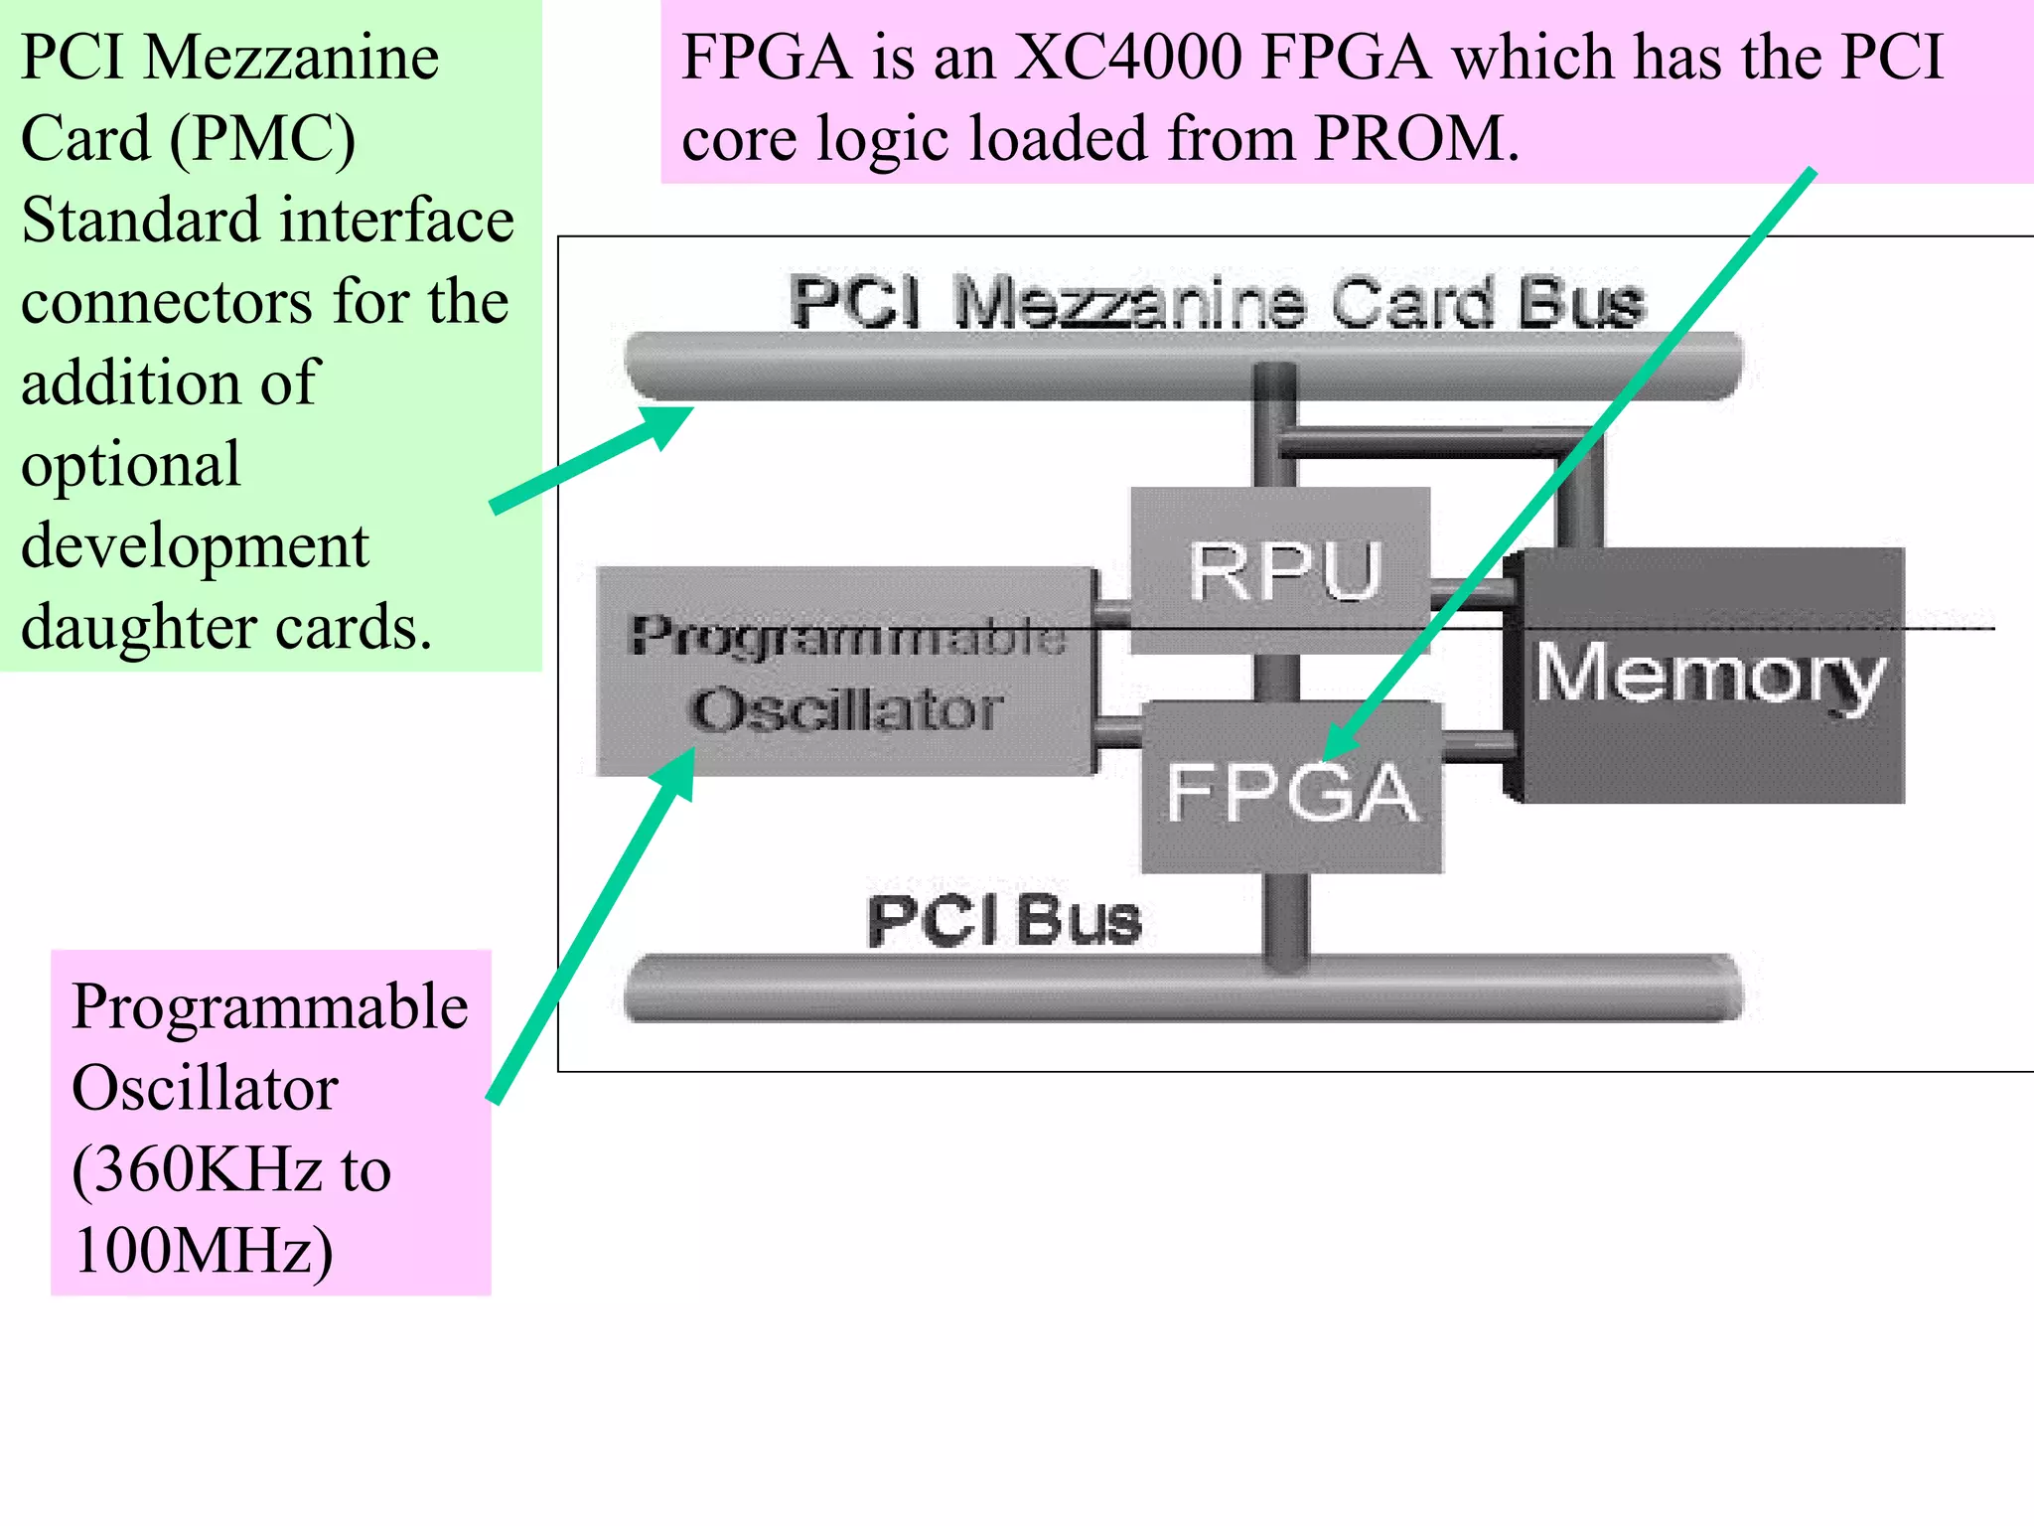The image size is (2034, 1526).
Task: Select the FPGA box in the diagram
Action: pyautogui.click(x=1291, y=791)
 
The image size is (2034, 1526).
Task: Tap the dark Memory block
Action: pyautogui.click(x=1708, y=676)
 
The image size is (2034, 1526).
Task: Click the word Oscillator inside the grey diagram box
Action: pyautogui.click(x=846, y=709)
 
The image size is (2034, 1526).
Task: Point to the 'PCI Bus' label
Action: pyautogui.click(x=1003, y=920)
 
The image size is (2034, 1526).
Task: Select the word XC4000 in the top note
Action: pyautogui.click(x=1127, y=57)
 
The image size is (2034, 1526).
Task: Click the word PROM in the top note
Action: pyautogui.click(x=1410, y=138)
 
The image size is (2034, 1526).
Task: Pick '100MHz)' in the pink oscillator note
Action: pyautogui.click(x=203, y=1250)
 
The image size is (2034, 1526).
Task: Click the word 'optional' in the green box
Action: pyautogui.click(x=130, y=464)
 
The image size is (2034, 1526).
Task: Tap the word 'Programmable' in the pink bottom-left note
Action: pyautogui.click(x=269, y=1005)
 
